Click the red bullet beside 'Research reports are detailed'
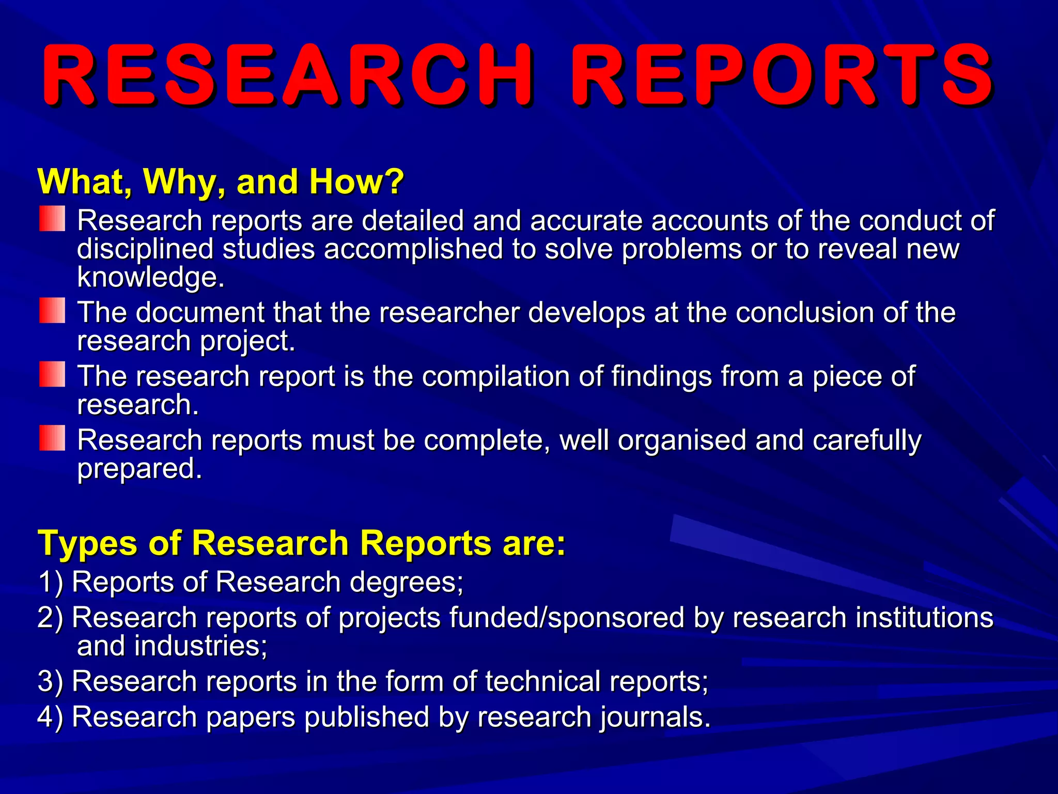pyautogui.click(x=52, y=219)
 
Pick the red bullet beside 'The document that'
pyautogui.click(x=52, y=310)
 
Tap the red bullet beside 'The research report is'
pyautogui.click(x=52, y=374)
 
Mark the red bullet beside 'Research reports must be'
pyautogui.click(x=52, y=438)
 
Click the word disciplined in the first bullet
pyautogui.click(x=145, y=249)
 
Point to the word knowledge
pyautogui.click(x=150, y=278)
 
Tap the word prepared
pyautogui.click(x=139, y=469)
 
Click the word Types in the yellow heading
pyautogui.click(x=88, y=544)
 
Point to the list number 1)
pyautogui.click(x=50, y=582)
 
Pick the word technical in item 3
pyautogui.click(x=542, y=681)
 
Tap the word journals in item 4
pyautogui.click(x=655, y=717)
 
